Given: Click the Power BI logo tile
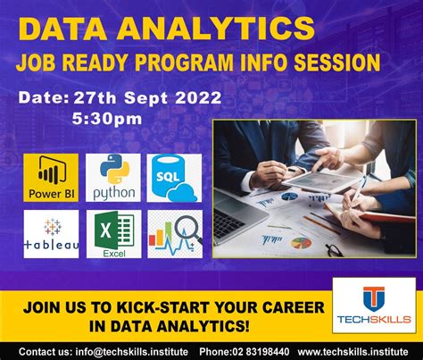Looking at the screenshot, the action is [51, 178].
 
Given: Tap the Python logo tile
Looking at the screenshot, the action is [113, 178].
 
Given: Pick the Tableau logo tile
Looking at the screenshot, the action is [51, 234].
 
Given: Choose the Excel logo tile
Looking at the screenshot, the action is [114, 234].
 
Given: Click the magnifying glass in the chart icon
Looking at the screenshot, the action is [188, 230].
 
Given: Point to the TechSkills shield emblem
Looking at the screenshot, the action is [374, 298].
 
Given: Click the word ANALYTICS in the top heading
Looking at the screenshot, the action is [216, 29].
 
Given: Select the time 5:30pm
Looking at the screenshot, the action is [107, 119].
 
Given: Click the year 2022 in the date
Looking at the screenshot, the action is [198, 97].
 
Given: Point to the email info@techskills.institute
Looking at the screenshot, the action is [131, 352].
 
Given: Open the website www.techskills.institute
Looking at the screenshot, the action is [352, 352].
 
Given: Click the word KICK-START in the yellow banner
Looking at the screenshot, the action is [163, 307].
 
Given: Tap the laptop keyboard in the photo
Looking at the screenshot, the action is [229, 222].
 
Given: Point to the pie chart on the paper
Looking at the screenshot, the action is [301, 243].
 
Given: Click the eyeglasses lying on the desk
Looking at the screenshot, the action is [335, 249].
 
